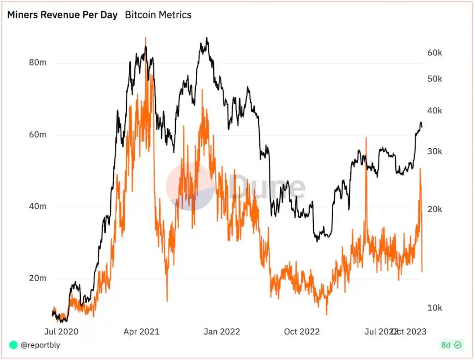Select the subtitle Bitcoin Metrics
pos(158,15)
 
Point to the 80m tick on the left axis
pos(38,63)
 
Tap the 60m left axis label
pos(38,135)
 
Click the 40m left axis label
pos(38,207)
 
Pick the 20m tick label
pos(38,279)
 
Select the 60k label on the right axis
pos(435,53)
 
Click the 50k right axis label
pos(435,79)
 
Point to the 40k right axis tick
pos(435,111)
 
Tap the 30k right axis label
pos(435,151)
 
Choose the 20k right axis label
pos(435,209)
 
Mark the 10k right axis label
pos(435,308)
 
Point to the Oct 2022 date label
pos(302,331)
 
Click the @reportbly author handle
pos(40,345)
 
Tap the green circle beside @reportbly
pos(13,345)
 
